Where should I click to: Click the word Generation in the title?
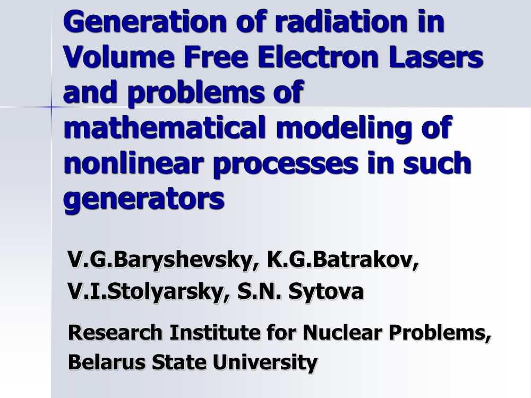[144, 22]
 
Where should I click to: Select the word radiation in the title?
[341, 22]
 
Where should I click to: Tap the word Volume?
[118, 57]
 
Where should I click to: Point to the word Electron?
[318, 57]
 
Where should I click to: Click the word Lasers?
[435, 57]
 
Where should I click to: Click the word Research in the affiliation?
[115, 332]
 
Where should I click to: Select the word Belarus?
[107, 362]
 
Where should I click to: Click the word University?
[265, 363]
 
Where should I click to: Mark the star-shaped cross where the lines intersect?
[52, 107]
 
